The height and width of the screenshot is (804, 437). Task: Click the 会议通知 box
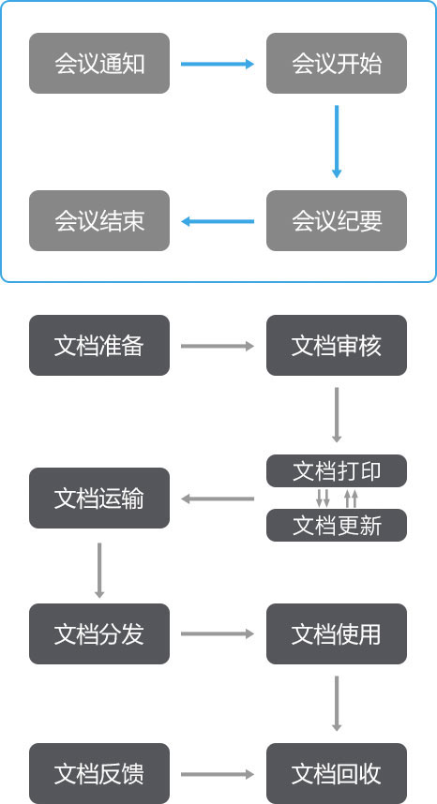click(99, 64)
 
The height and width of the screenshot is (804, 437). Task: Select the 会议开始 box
click(337, 64)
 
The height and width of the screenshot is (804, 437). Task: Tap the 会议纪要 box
click(337, 221)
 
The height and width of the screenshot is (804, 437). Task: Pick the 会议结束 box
click(99, 221)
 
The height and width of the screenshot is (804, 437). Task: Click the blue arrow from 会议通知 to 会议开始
click(218, 64)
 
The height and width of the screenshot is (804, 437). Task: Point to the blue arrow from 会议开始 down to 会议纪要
click(337, 141)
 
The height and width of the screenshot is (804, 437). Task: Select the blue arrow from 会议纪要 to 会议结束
click(218, 221)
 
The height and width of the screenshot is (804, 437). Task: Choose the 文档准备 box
click(99, 345)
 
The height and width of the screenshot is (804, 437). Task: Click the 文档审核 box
click(337, 345)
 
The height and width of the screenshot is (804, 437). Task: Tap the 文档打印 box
click(337, 470)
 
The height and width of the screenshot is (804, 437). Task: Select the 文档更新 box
click(337, 525)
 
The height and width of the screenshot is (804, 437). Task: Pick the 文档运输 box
click(99, 498)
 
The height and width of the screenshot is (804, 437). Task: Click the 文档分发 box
click(99, 633)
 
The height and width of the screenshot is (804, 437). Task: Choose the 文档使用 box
click(337, 633)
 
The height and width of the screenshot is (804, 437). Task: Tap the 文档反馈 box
click(99, 774)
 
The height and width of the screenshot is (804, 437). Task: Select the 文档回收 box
click(337, 774)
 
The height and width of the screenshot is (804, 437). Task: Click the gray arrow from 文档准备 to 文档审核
click(218, 346)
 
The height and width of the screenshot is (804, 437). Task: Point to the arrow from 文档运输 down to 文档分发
click(99, 570)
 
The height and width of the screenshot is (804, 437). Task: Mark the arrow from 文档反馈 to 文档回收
click(218, 774)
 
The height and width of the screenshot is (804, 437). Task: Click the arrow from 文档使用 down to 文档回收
click(337, 704)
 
